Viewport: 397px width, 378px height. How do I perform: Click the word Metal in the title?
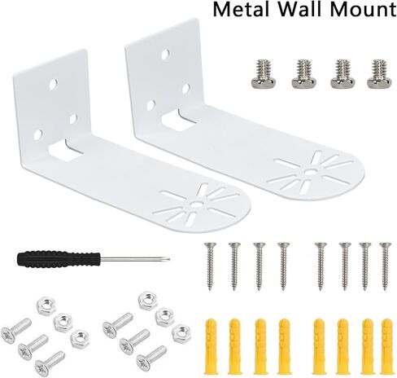pyautogui.click(x=242, y=9)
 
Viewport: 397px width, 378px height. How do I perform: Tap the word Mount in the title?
pyautogui.click(x=363, y=9)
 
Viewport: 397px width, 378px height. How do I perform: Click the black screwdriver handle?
pyautogui.click(x=58, y=259)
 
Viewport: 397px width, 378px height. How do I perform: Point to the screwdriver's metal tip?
pyautogui.click(x=168, y=259)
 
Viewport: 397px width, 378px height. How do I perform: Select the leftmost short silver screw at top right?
pyautogui.click(x=264, y=74)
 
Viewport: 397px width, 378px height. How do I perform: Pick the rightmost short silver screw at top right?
pyautogui.click(x=379, y=74)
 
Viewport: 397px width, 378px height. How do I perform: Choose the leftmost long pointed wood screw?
pyautogui.click(x=210, y=266)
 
